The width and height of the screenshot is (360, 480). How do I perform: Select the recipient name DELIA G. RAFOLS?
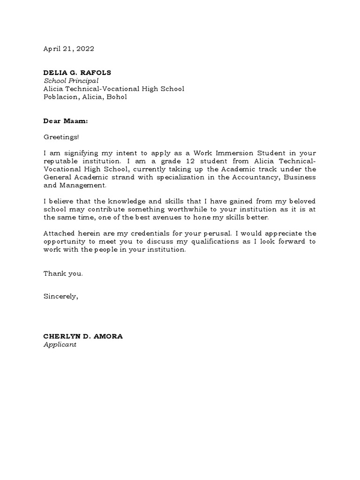77,73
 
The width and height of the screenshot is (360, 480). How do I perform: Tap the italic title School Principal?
71,81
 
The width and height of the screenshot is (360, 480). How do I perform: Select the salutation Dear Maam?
66,121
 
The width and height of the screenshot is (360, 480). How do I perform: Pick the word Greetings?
61,137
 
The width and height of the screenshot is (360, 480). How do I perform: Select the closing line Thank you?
63,274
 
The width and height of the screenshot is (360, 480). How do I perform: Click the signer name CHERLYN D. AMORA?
83,337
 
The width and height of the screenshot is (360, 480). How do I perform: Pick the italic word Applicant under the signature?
60,345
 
